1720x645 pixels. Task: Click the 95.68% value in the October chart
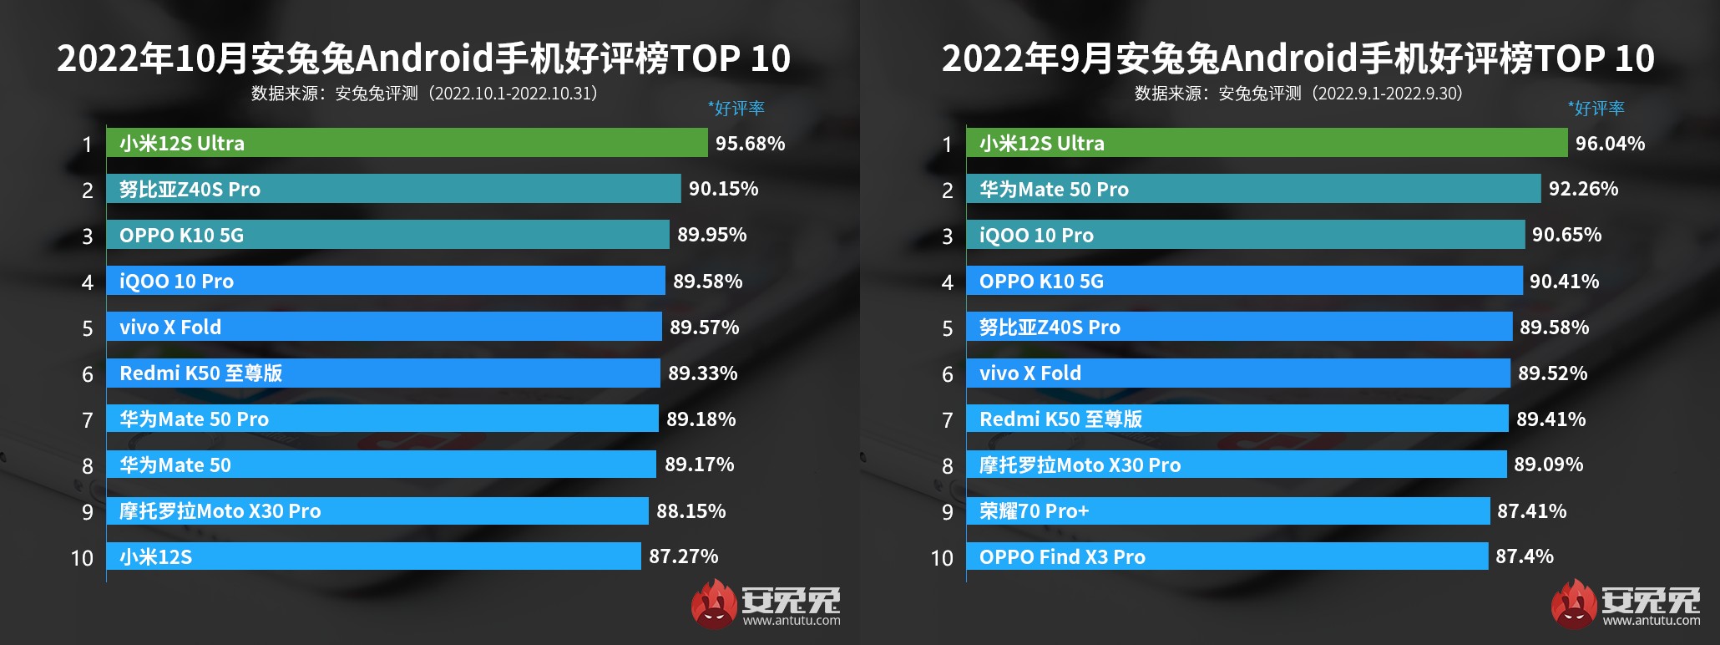click(750, 144)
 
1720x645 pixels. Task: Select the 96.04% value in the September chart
click(1610, 144)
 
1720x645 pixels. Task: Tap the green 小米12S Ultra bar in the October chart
click(407, 143)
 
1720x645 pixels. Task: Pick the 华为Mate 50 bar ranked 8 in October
click(381, 465)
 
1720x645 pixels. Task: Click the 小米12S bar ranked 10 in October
click(373, 556)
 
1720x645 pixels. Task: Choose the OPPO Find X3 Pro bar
click(1227, 556)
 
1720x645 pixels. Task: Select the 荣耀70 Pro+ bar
click(1227, 510)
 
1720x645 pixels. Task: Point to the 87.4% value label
click(1524, 556)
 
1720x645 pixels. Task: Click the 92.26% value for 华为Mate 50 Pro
click(1583, 189)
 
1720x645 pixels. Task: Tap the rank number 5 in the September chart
click(947, 328)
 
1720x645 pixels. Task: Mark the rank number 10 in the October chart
click(82, 558)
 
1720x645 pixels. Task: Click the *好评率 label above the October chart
click(736, 109)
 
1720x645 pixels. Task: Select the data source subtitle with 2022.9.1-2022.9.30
click(1298, 94)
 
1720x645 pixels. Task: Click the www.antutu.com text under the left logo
click(792, 620)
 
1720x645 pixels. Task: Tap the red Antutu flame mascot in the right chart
click(1573, 603)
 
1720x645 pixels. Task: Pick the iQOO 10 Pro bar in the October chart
click(385, 281)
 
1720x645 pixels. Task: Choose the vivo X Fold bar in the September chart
click(1237, 373)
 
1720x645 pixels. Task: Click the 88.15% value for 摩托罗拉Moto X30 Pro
click(691, 510)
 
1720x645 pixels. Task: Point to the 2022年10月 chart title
click(423, 58)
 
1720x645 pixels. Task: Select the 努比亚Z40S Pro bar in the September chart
click(1238, 327)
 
